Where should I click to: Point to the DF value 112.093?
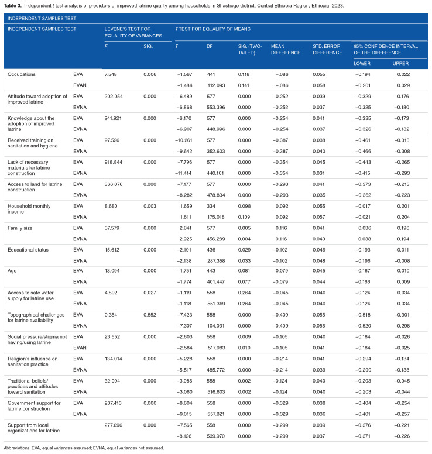tap(217, 84)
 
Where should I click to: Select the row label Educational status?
tap(29, 250)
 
